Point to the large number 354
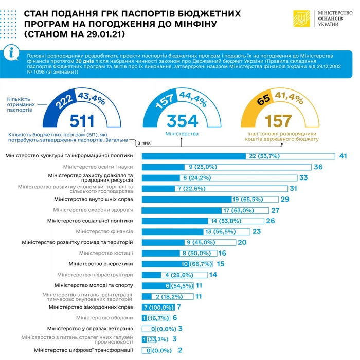182,121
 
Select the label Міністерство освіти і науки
98,167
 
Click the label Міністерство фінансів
104,231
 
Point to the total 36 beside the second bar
318,167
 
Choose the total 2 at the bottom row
180,350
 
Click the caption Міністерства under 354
182,133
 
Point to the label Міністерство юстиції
106,253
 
